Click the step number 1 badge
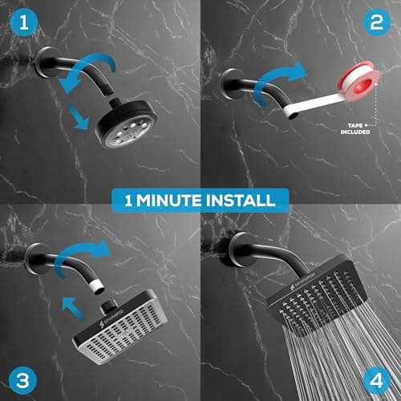pyautogui.click(x=23, y=24)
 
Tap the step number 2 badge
pyautogui.click(x=376, y=24)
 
